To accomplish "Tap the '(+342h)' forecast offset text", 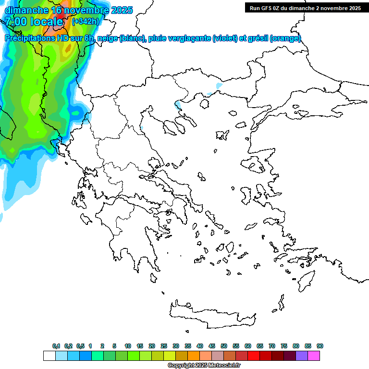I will (x=85, y=21).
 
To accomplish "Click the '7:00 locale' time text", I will (x=34, y=21).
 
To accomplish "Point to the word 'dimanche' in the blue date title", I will (x=26, y=10).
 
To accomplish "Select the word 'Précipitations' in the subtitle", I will (x=32, y=38).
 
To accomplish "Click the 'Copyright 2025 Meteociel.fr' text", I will (x=204, y=366).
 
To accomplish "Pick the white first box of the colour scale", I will (x=49, y=356).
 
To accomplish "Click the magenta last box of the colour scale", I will (x=314, y=356).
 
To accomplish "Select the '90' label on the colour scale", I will (x=320, y=346).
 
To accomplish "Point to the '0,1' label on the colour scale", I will (x=56, y=346).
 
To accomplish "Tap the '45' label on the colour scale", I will (x=212, y=346).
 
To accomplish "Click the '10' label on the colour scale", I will (x=128, y=346).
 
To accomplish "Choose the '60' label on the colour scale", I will (x=248, y=346).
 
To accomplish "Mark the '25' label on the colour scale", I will (x=164, y=346).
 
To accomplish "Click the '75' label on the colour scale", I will (x=284, y=346).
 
